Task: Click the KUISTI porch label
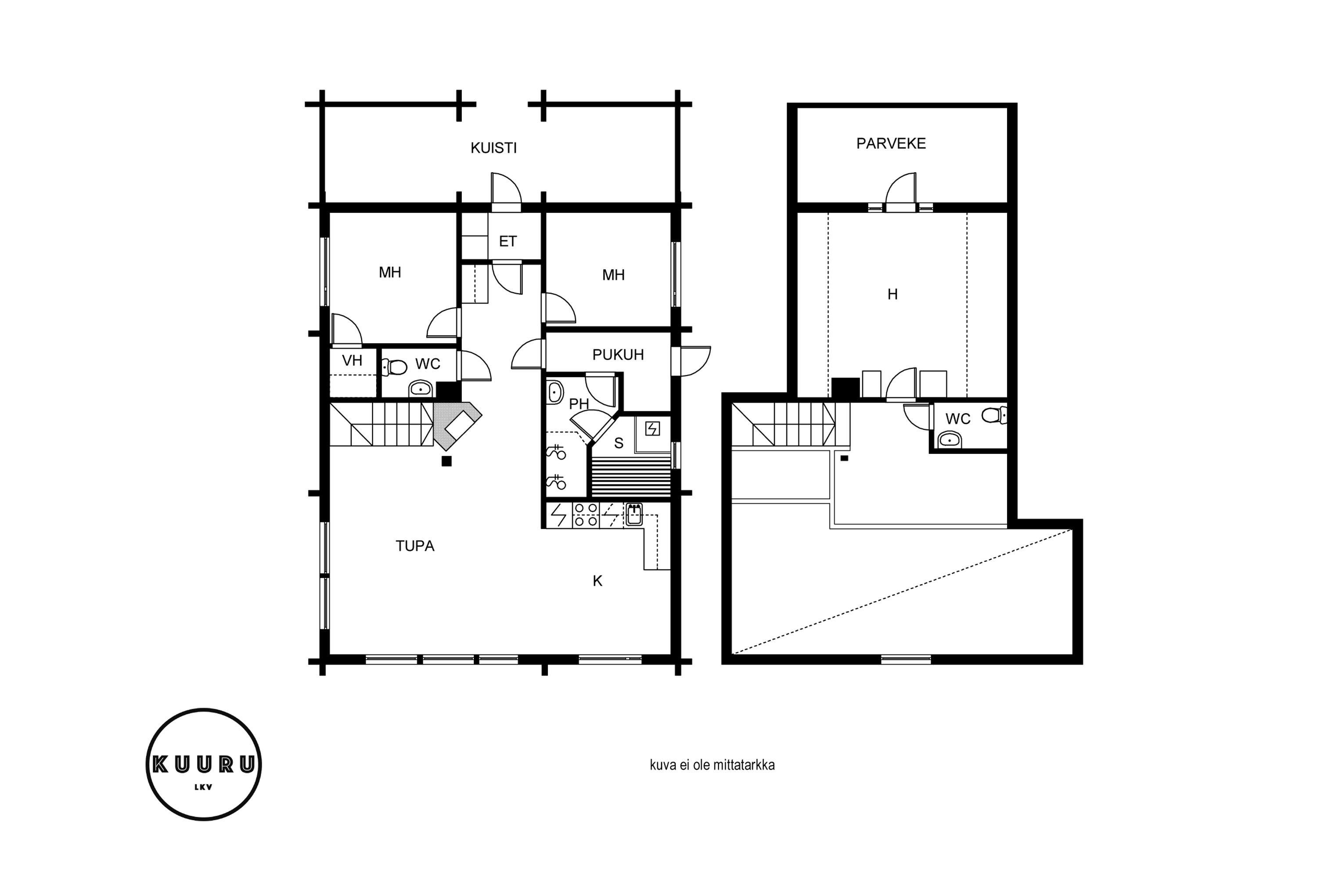click(x=493, y=148)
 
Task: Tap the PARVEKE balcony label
click(x=891, y=144)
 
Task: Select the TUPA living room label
click(x=415, y=546)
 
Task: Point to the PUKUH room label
click(x=618, y=354)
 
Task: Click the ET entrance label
click(x=507, y=241)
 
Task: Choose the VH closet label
click(x=352, y=360)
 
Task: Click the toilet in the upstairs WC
click(x=994, y=415)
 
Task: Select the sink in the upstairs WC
click(x=950, y=439)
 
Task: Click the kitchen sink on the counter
click(x=634, y=515)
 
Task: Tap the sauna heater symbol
click(x=652, y=429)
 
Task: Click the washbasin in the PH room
click(x=555, y=392)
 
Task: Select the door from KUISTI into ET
click(x=506, y=191)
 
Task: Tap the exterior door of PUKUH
click(x=691, y=361)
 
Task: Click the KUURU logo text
click(x=204, y=764)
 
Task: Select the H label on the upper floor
click(x=892, y=294)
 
